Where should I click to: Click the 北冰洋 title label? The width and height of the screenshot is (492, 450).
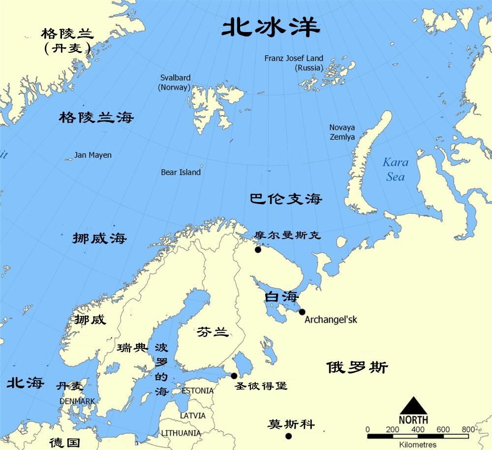point(271,28)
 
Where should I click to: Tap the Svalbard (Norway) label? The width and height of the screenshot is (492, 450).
point(175,82)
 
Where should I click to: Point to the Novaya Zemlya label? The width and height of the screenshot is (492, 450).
point(342,132)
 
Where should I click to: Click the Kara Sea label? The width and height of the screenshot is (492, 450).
point(396,169)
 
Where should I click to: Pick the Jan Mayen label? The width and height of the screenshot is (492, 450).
point(93,155)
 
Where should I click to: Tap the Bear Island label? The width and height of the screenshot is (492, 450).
point(181,172)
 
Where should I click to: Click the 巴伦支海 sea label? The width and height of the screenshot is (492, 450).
point(286,199)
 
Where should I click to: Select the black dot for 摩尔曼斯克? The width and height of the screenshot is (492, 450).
point(258,250)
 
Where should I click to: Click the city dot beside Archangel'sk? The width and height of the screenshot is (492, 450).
point(302,312)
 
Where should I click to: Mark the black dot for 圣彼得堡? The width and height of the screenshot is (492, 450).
point(234,376)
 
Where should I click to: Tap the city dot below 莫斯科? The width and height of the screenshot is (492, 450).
point(288,436)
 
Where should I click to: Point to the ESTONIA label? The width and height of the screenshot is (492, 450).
point(198,391)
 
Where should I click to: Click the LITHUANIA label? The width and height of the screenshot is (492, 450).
point(181,433)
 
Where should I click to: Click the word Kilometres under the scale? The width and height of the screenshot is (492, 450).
point(417,445)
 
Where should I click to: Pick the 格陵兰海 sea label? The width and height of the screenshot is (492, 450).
point(96,117)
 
